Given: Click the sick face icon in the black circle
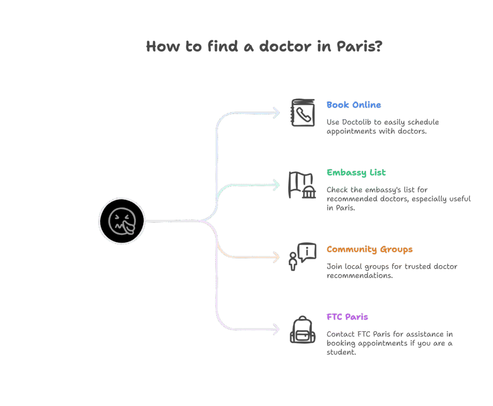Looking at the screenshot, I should [121, 221].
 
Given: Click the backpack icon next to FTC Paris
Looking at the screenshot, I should [302, 330].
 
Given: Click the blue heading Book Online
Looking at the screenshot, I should [353, 105].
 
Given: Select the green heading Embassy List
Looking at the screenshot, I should [356, 173].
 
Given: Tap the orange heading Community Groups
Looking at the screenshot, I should [369, 249].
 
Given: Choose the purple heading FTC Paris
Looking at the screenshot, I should [347, 317].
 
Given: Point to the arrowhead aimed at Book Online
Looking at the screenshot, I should [276, 113].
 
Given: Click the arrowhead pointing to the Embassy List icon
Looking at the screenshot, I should [276, 185].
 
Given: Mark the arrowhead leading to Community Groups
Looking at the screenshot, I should [276, 257].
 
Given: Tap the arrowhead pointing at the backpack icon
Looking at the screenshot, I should [276, 330].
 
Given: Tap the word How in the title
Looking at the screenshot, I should [162, 47].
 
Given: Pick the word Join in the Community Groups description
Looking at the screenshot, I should [335, 266].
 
